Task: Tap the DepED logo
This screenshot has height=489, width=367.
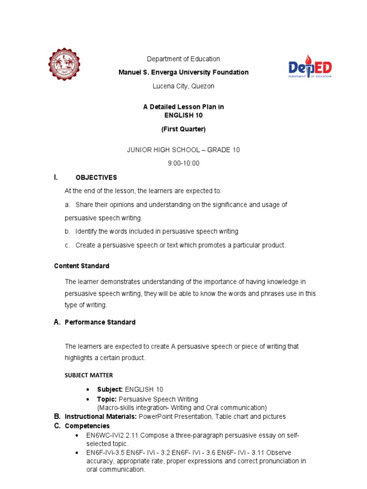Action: pos(310,67)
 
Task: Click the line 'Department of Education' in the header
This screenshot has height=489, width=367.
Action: pos(183,59)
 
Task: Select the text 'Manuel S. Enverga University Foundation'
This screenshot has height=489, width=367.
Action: pos(183,72)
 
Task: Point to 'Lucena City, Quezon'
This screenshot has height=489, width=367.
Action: pos(183,86)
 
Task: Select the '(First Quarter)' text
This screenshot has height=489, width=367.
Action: pos(183,129)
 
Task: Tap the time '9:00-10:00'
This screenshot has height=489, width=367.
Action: pos(183,163)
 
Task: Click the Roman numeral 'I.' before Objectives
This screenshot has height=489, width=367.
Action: pos(56,177)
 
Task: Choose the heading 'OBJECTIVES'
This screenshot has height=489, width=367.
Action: pos(96,178)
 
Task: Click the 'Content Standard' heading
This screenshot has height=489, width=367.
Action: pos(82,266)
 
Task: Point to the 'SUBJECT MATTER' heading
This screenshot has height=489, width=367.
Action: pos(89,375)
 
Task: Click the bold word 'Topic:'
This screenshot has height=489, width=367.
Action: pos(107,399)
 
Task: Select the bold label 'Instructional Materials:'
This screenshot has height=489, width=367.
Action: pos(101,416)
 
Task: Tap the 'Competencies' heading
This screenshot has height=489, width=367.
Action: pos(87,425)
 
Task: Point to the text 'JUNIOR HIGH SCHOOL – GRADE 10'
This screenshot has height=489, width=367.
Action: pos(183,150)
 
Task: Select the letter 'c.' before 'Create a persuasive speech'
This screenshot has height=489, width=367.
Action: pos(68,245)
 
